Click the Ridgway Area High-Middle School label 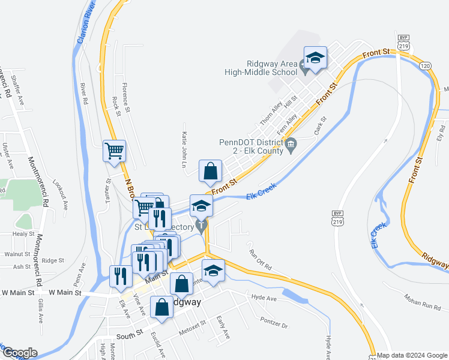[272, 68]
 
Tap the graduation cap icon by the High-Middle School [315, 58]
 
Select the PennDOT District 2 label [251, 147]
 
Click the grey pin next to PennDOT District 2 [291, 145]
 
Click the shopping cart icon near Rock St [115, 151]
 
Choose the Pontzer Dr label [274, 323]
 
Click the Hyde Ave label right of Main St [264, 298]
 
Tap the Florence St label [125, 95]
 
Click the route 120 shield [425, 65]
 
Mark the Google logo [19, 353]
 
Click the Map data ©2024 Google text [412, 355]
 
